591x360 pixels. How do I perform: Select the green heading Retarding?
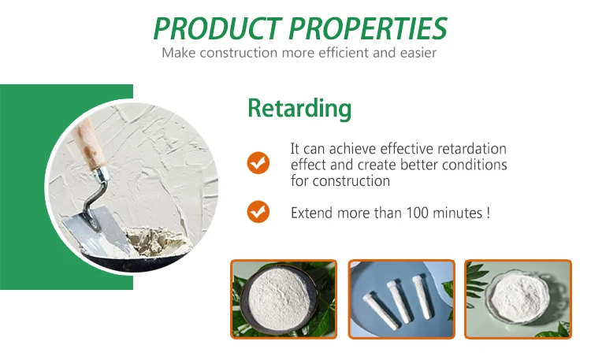299,108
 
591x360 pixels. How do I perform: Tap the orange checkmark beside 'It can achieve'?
258,163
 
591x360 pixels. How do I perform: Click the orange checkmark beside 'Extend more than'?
258,211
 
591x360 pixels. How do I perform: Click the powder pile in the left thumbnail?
281,301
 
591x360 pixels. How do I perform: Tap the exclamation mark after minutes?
489,213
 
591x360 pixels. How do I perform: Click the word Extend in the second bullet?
310,213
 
